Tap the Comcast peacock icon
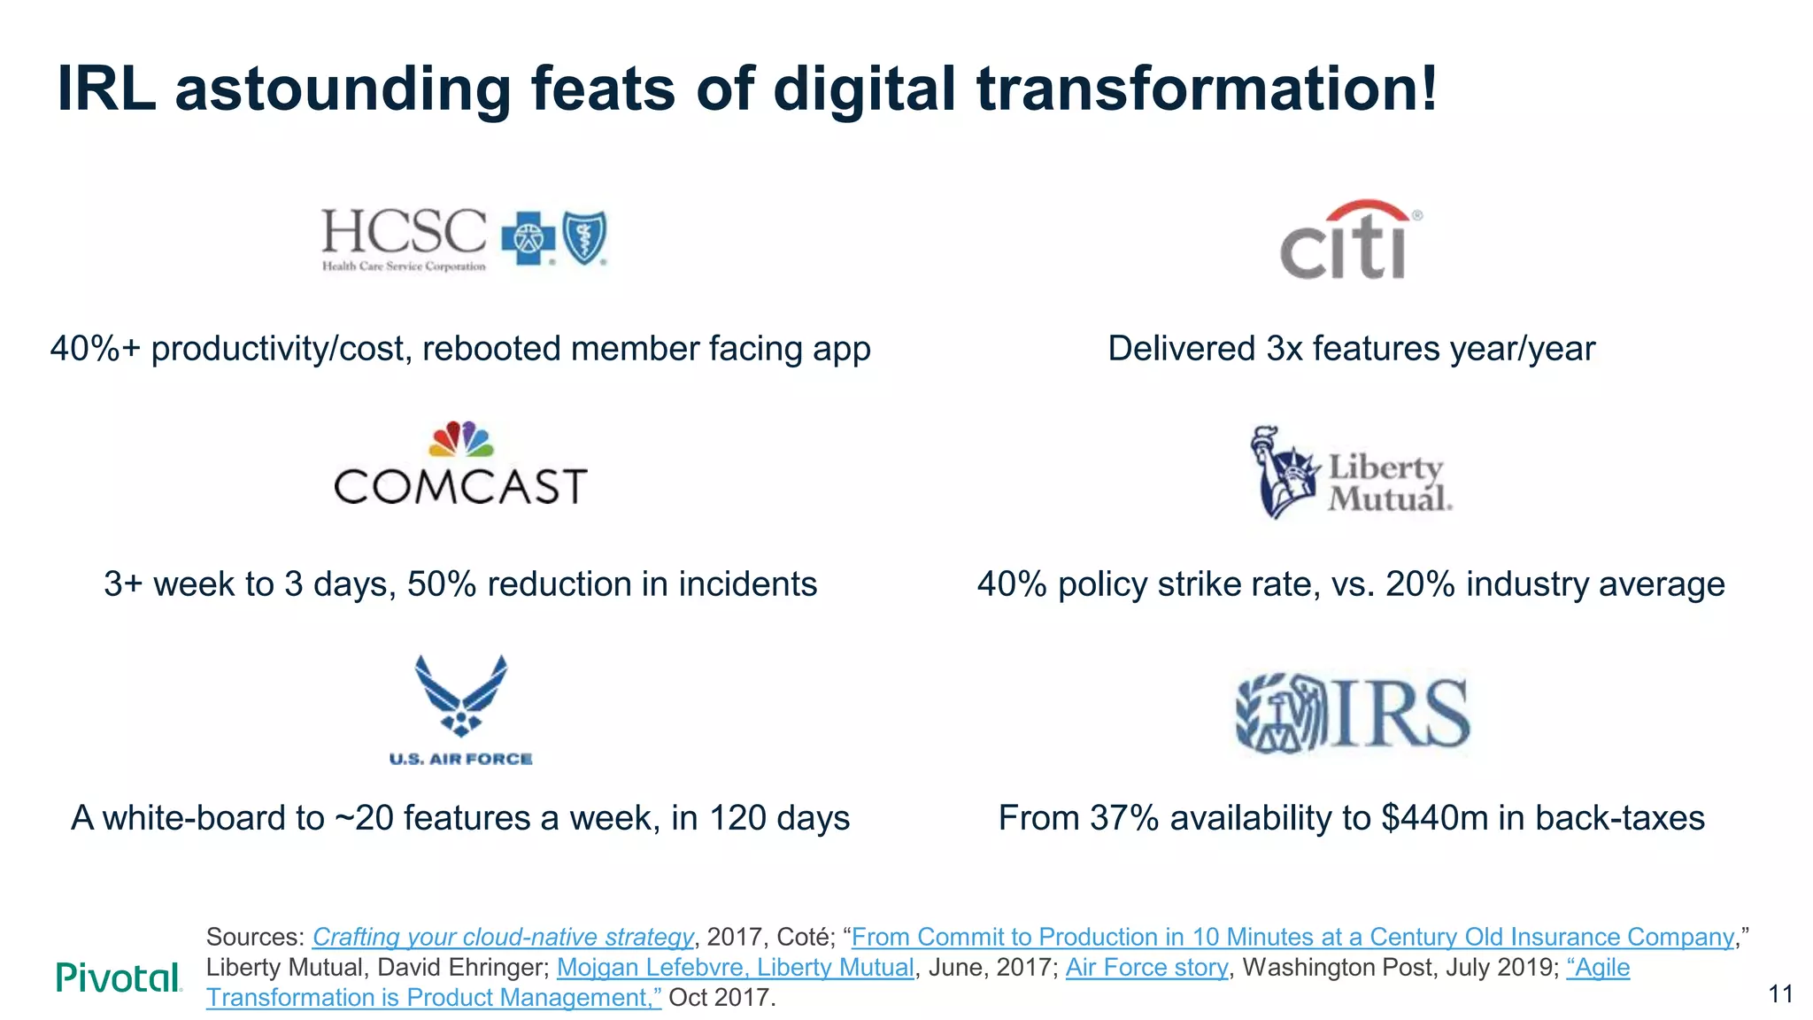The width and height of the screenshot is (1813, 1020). [460, 439]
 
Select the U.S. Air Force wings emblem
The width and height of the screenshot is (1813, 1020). [460, 696]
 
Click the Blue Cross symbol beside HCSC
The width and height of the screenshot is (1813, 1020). [528, 238]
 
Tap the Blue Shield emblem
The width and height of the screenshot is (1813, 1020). [585, 237]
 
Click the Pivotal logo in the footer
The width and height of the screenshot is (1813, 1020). [119, 977]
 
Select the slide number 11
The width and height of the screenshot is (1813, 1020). [1780, 994]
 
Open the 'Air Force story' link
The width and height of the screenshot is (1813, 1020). [1146, 967]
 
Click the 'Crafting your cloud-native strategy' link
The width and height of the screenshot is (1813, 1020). [502, 937]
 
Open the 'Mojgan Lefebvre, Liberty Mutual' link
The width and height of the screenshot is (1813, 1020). [735, 967]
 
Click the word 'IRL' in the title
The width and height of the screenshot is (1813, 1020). [106, 89]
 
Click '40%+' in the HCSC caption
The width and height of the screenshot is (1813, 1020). [95, 349]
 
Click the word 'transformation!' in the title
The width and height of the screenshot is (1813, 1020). [1207, 89]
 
